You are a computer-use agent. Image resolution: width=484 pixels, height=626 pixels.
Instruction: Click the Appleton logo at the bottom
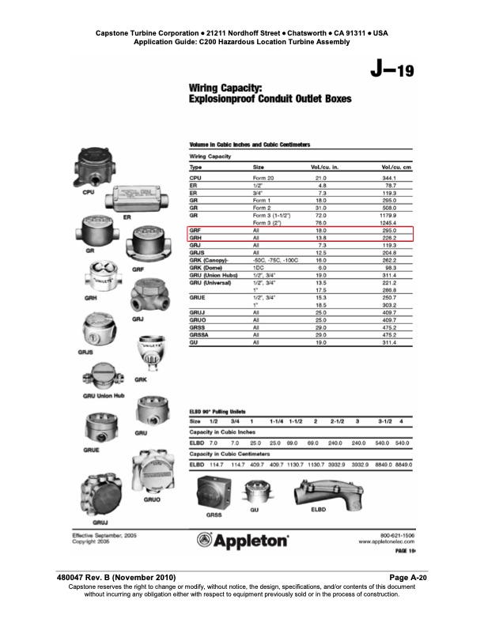coord(242,542)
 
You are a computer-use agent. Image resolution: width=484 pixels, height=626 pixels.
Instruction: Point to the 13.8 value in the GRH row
coord(321,236)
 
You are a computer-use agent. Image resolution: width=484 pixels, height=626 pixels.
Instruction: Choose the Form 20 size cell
coord(263,179)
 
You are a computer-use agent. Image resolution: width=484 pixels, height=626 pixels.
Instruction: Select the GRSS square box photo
coord(214,492)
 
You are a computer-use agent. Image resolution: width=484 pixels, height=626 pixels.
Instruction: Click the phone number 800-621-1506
coord(390,535)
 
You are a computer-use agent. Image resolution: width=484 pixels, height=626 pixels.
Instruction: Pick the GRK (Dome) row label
coord(207,266)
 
